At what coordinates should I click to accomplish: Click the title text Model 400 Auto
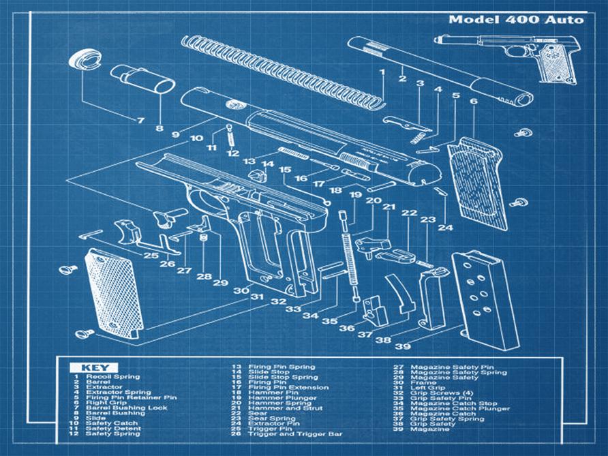(x=515, y=19)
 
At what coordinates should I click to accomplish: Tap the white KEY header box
(x=93, y=367)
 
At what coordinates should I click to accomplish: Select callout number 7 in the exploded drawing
(x=140, y=121)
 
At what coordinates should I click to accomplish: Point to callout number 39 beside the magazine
(x=403, y=346)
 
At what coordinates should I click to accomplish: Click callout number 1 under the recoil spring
(x=382, y=72)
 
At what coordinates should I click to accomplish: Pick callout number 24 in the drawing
(x=445, y=227)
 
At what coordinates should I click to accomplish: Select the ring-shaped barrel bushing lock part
(x=85, y=60)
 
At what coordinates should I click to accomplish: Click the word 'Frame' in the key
(x=421, y=383)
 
